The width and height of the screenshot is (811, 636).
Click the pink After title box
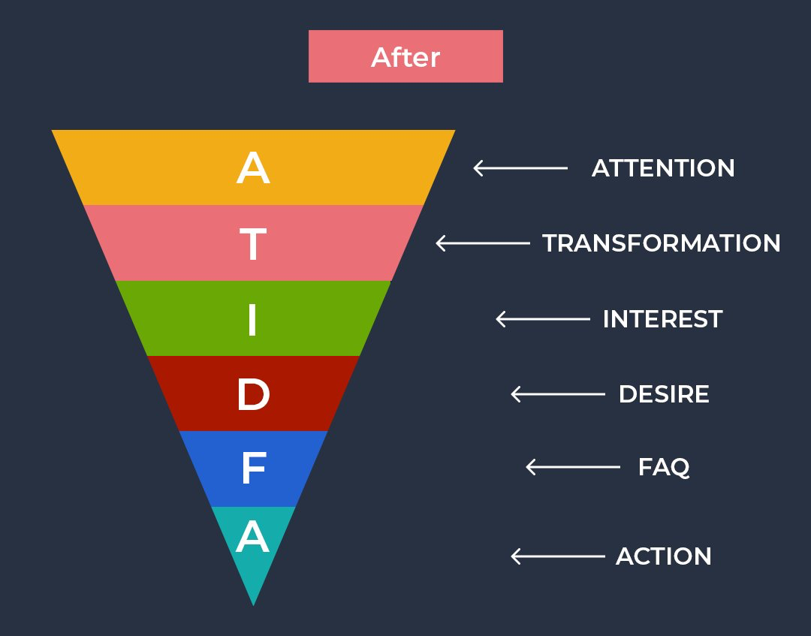(405, 56)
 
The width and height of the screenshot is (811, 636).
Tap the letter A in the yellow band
(253, 168)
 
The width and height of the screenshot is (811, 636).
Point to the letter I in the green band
(252, 318)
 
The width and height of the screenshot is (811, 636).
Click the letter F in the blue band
(254, 469)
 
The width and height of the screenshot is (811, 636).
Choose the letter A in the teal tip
(253, 538)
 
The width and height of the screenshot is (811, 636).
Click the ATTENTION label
(663, 168)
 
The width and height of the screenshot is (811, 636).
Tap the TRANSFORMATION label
(662, 243)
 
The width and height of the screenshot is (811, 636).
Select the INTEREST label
(662, 319)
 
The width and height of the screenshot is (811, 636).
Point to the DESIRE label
(664, 394)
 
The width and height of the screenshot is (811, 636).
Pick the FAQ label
(664, 467)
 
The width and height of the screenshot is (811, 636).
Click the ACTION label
(664, 556)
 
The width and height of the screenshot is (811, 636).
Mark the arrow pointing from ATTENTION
(520, 168)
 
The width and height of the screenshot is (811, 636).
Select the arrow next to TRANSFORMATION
(483, 243)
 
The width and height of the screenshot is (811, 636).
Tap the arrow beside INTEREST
(543, 319)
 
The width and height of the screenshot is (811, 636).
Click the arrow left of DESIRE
(558, 394)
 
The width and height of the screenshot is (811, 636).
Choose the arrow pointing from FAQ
(573, 467)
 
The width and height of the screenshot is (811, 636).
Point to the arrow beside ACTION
(558, 556)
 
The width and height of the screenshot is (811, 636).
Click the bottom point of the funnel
(253, 602)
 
